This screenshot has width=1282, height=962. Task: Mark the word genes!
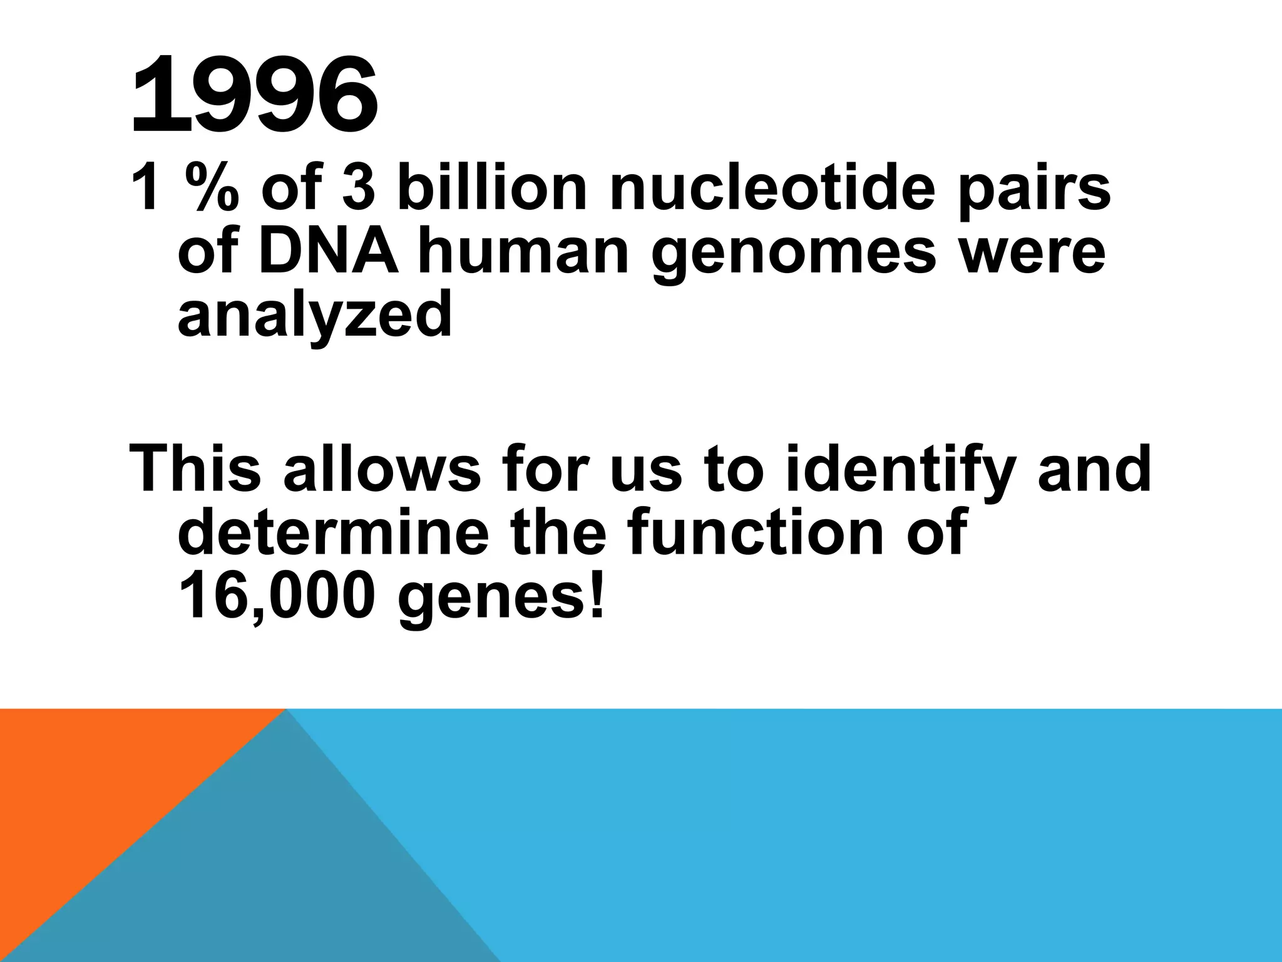point(501,598)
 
